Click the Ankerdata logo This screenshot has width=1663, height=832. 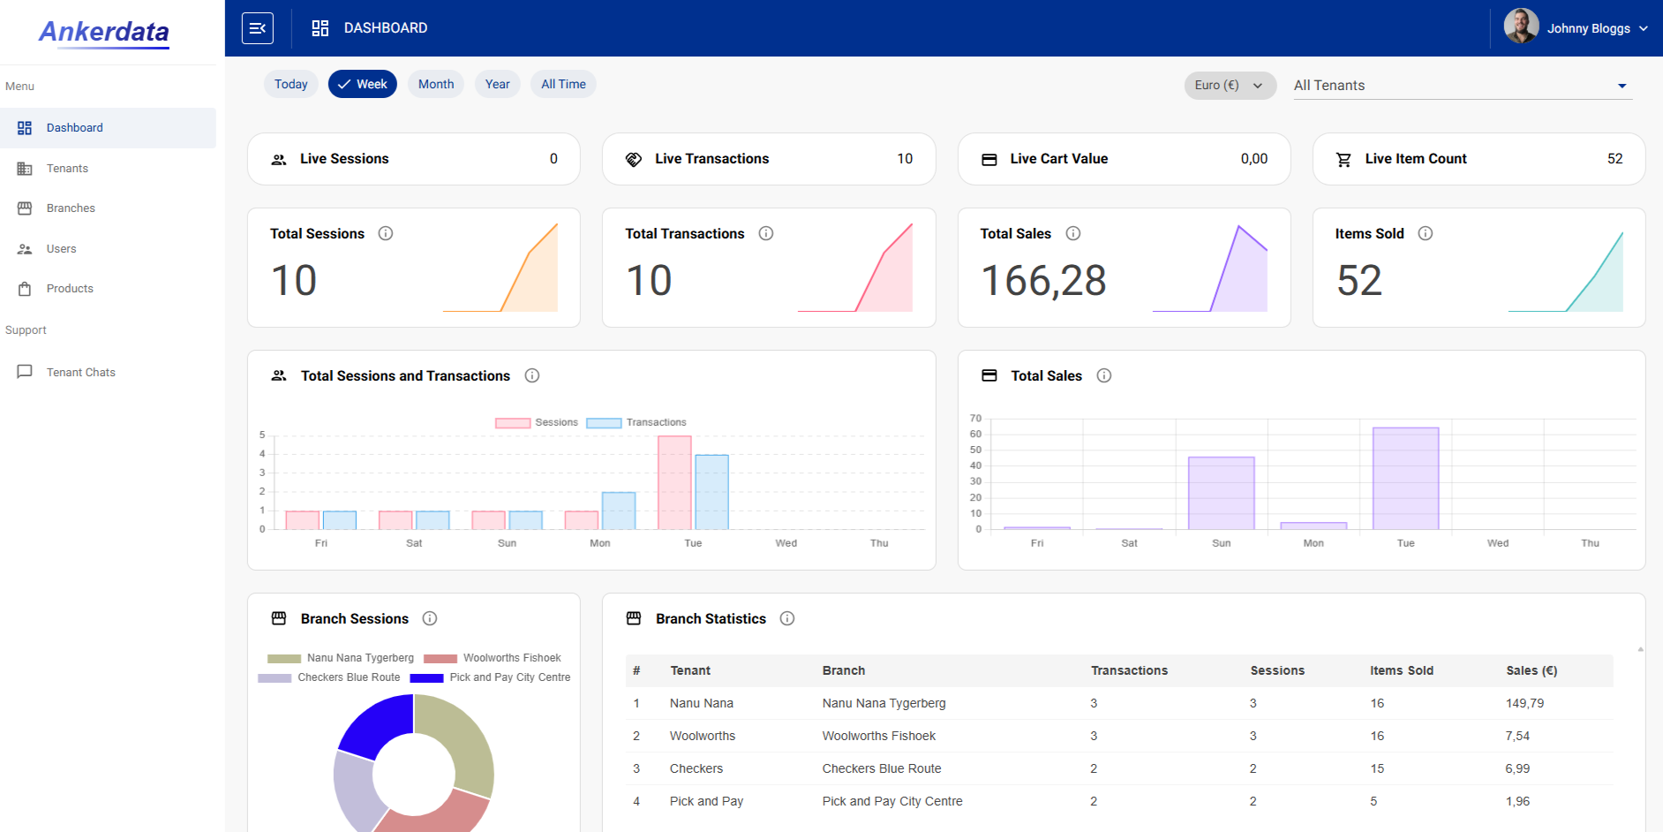pyautogui.click(x=104, y=32)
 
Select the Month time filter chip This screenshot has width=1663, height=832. pyautogui.click(x=436, y=84)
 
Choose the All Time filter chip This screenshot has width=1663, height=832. pyautogui.click(x=563, y=84)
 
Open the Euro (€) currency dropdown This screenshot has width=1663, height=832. pyautogui.click(x=1230, y=85)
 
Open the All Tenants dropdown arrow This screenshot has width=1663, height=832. pyautogui.click(x=1622, y=86)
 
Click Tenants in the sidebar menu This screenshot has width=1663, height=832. pyautogui.click(x=67, y=168)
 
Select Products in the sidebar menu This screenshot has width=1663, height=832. pyautogui.click(x=70, y=288)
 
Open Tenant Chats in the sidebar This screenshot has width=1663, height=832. pyautogui.click(x=80, y=372)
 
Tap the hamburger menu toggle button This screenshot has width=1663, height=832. pyautogui.click(x=258, y=28)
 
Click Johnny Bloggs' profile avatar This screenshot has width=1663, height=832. pyautogui.click(x=1521, y=26)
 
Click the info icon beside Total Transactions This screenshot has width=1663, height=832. pyautogui.click(x=766, y=233)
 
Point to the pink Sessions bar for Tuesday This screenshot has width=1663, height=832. pyautogui.click(x=674, y=482)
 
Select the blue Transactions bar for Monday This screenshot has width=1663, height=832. pyautogui.click(x=619, y=511)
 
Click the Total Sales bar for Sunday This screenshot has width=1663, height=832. pyautogui.click(x=1222, y=493)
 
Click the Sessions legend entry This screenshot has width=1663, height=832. pyautogui.click(x=537, y=422)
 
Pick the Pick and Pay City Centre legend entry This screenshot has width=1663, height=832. pyautogui.click(x=490, y=677)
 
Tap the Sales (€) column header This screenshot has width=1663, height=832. pyautogui.click(x=1531, y=670)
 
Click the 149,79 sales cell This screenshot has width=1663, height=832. pyautogui.click(x=1524, y=703)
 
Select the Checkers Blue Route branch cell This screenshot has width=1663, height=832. pyautogui.click(x=882, y=768)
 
